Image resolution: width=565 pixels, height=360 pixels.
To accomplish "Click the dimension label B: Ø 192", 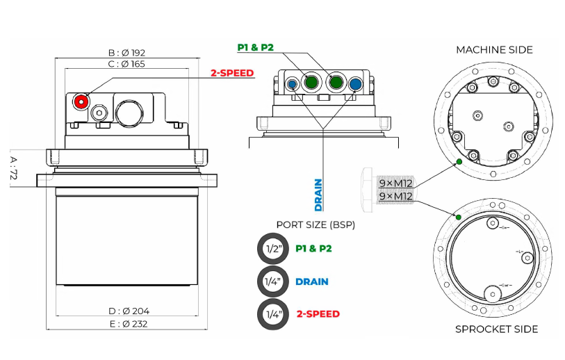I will (x=126, y=53).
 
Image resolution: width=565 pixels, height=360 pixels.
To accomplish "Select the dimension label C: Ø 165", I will (x=126, y=64).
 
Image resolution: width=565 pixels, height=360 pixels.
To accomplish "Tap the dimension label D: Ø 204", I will (x=129, y=311).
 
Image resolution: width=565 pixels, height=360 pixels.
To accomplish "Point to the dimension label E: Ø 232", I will (x=129, y=323).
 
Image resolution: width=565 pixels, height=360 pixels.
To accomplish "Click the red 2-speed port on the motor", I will (x=81, y=101).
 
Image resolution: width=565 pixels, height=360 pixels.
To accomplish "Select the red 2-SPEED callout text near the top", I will (x=232, y=73).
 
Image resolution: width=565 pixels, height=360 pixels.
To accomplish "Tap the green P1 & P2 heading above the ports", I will (x=254, y=47).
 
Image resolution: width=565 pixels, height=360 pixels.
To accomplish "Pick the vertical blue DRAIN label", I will (x=318, y=195).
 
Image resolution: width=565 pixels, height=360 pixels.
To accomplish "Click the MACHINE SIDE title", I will (x=494, y=49).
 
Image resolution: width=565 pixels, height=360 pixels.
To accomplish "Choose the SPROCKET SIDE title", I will (x=496, y=329).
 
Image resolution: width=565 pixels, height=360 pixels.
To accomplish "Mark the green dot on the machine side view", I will (x=459, y=163).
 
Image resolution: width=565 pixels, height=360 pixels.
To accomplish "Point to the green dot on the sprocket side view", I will (x=459, y=218).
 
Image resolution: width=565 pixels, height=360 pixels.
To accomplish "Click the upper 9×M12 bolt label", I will (x=395, y=183).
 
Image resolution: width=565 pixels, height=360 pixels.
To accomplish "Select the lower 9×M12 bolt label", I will (x=395, y=196).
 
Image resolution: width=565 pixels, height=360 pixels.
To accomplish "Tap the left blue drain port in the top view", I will (x=292, y=84).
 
